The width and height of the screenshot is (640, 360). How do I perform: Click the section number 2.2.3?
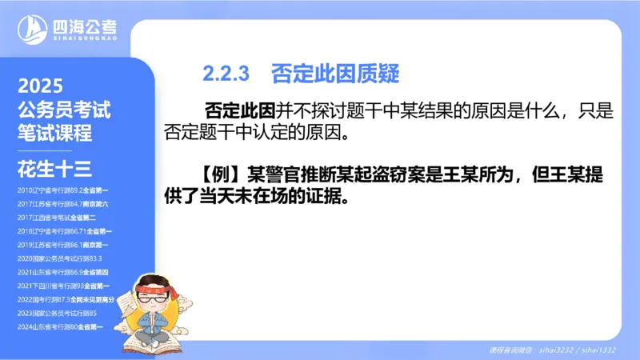tap(226, 74)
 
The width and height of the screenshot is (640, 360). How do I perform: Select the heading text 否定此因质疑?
tap(334, 74)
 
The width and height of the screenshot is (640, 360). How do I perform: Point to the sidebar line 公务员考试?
tap(64, 110)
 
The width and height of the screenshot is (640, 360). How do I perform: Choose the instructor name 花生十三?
tap(54, 168)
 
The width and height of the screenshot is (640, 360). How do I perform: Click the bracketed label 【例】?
tap(221, 175)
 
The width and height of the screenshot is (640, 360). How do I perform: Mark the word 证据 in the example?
tap(326, 196)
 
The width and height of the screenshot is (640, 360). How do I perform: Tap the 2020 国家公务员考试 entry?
tap(59, 258)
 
